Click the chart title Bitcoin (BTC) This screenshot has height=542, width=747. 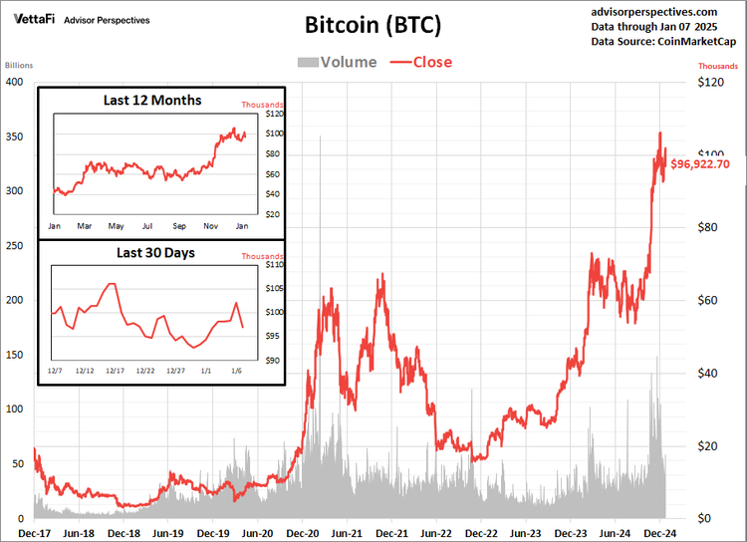tap(373, 24)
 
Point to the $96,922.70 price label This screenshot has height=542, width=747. tap(713, 163)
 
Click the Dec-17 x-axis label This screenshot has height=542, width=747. tap(34, 533)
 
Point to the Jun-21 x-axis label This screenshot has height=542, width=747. tap(347, 533)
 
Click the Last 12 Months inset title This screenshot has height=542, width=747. tap(152, 101)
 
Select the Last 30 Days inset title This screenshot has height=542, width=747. tap(155, 253)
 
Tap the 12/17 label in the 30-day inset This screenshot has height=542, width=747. tap(115, 371)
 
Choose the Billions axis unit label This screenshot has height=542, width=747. tap(18, 66)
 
